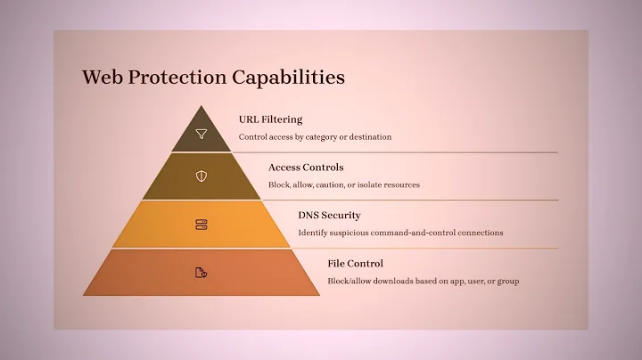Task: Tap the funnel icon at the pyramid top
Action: (202, 135)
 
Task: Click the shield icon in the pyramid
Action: (202, 176)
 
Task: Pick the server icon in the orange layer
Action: (202, 225)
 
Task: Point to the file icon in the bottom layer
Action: (202, 273)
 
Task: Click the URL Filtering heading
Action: (270, 119)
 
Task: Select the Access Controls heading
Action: (306, 168)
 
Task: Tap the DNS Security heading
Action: (329, 216)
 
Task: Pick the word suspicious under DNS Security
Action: (348, 233)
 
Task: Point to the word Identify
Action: (312, 233)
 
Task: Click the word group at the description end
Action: (508, 282)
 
